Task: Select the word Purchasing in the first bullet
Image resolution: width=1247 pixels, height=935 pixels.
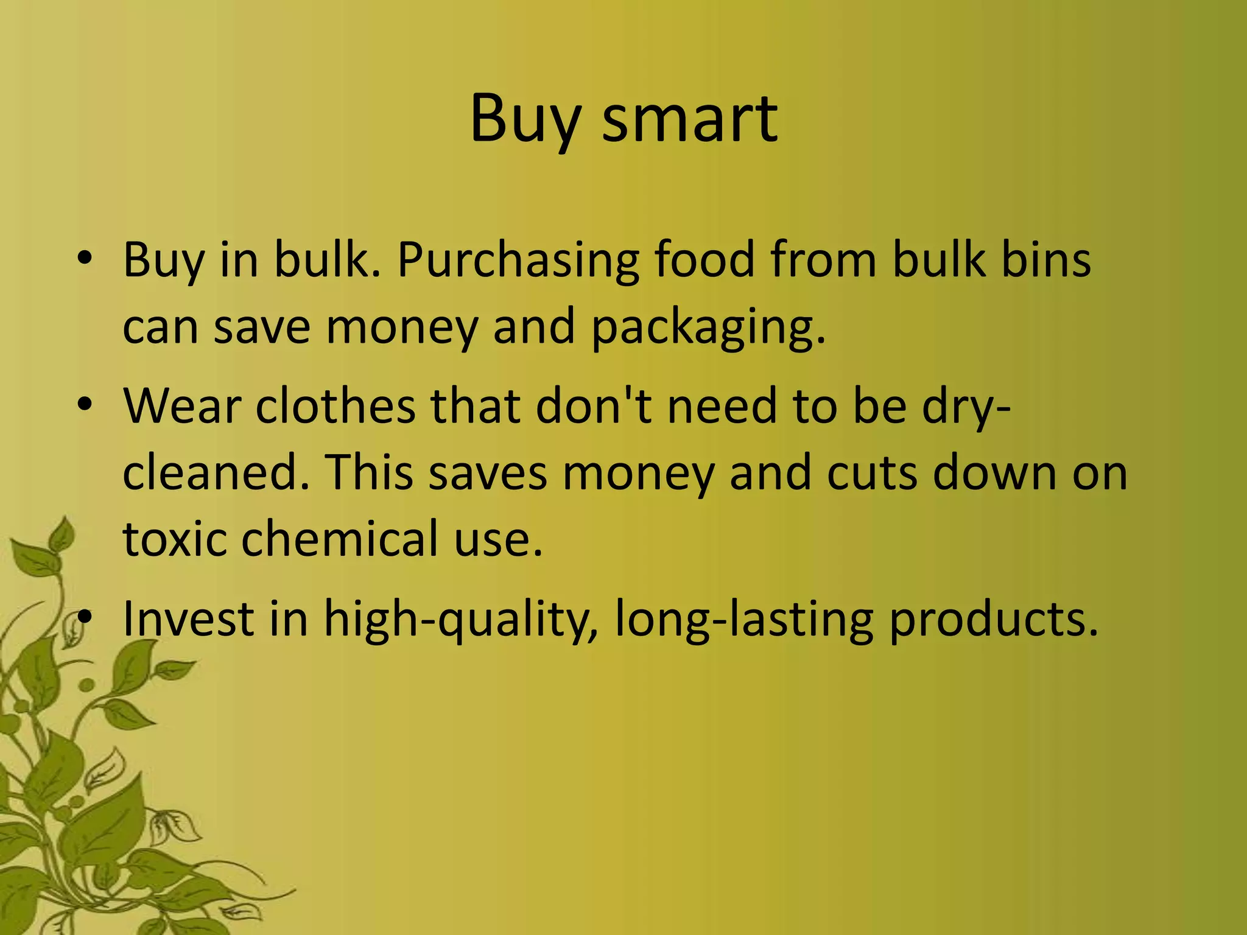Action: (518, 261)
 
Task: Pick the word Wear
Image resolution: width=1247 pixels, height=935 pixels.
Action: (182, 407)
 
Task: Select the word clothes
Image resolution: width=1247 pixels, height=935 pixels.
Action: (335, 407)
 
